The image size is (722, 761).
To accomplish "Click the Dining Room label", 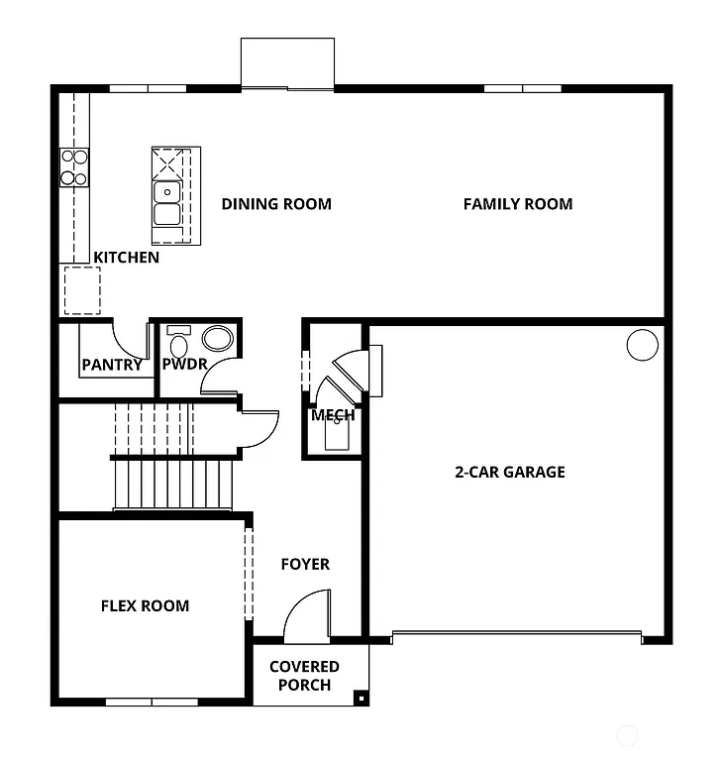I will tap(276, 204).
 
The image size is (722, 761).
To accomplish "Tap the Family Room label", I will tap(518, 204).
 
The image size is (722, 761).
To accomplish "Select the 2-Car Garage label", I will tap(509, 472).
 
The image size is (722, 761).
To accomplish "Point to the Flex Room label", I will tap(145, 605).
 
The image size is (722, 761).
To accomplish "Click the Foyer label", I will tap(305, 564).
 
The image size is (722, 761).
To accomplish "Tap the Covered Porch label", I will tap(304, 676).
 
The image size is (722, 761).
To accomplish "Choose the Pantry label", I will tap(112, 365).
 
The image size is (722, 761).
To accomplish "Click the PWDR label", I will tap(184, 365).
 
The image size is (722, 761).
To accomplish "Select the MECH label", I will tap(333, 415).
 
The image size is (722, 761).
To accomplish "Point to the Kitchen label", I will tap(126, 258).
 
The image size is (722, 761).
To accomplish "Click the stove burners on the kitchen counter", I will tap(74, 166).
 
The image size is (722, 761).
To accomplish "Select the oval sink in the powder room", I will tap(220, 338).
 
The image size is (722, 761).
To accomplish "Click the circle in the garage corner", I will tap(642, 345).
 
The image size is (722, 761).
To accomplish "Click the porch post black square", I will tap(361, 698).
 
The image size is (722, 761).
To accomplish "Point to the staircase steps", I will tap(172, 486).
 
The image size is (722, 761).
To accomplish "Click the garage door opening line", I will tap(516, 633).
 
